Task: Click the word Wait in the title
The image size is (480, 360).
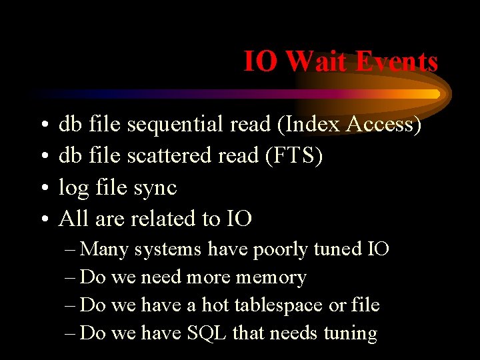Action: (317, 61)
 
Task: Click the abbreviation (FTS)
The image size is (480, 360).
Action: (294, 155)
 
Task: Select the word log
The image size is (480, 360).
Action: (74, 189)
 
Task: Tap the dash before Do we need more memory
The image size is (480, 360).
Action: (70, 277)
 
